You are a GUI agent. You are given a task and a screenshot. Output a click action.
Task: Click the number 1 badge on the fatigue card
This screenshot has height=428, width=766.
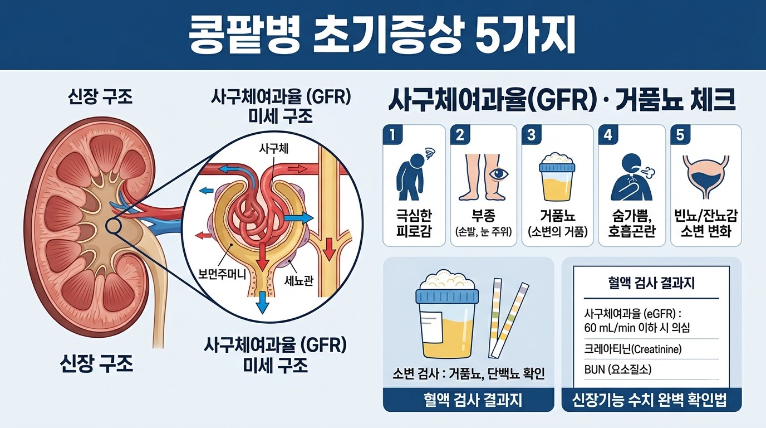tap(392, 134)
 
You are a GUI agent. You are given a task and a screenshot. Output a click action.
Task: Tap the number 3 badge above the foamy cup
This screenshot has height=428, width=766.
tap(531, 134)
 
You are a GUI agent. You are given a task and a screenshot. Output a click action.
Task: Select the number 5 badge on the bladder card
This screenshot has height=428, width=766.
tap(680, 134)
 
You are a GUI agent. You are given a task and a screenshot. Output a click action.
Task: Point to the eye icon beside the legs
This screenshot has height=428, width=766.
tap(499, 174)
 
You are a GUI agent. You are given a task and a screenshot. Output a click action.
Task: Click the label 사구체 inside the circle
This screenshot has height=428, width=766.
tap(274, 149)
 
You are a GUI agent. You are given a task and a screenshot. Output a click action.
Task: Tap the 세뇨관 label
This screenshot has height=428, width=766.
tap(298, 281)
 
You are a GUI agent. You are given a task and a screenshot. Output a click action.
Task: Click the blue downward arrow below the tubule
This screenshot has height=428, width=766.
tap(263, 303)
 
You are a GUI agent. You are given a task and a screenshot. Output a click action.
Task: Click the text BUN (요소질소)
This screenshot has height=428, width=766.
tap(617, 369)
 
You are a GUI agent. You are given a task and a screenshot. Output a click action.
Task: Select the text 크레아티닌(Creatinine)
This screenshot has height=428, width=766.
tap(633, 349)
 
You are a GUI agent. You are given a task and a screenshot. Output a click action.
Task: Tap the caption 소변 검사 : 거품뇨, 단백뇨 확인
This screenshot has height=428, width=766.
tap(468, 374)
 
